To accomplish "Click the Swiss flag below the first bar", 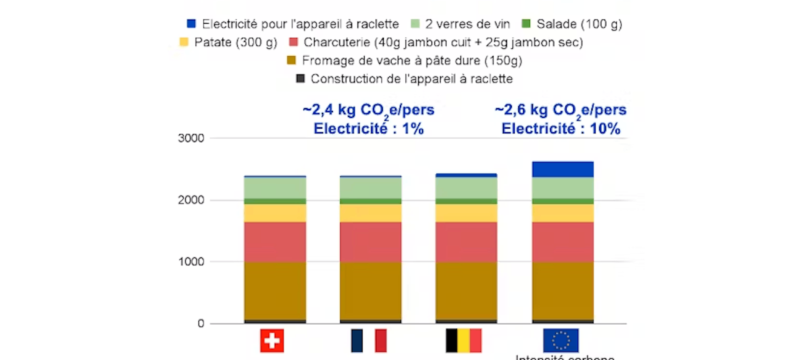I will click(x=272, y=340).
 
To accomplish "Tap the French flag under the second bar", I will click(x=369, y=340).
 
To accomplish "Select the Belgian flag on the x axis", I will click(x=464, y=340).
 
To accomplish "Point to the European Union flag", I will click(x=561, y=340).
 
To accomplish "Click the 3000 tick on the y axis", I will click(x=191, y=138).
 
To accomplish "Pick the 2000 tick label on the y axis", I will click(x=191, y=200).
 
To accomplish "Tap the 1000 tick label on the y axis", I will click(x=191, y=262).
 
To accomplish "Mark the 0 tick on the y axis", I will click(x=201, y=323).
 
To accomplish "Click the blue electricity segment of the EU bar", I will click(x=563, y=169).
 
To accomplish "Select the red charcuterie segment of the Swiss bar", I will click(x=275, y=242).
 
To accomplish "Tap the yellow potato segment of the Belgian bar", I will click(x=466, y=213).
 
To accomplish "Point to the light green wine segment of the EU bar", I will click(x=563, y=188).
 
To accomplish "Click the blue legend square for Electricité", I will click(x=191, y=24).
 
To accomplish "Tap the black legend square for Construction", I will click(x=300, y=79).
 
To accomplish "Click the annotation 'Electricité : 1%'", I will click(x=369, y=129).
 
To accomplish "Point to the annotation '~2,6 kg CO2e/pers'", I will click(x=561, y=110).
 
